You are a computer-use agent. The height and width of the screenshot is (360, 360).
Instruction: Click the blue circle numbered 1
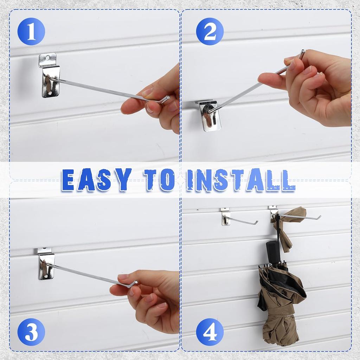31,31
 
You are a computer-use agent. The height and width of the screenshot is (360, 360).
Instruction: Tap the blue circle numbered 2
210,31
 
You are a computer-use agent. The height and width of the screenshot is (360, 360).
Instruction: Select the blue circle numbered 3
31,332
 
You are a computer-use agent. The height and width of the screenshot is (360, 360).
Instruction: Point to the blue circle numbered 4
210,332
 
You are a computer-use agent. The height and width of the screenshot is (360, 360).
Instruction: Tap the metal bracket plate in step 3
46,265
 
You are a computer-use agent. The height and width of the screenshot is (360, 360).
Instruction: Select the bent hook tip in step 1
166,99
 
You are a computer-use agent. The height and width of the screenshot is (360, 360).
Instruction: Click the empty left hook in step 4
243,221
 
